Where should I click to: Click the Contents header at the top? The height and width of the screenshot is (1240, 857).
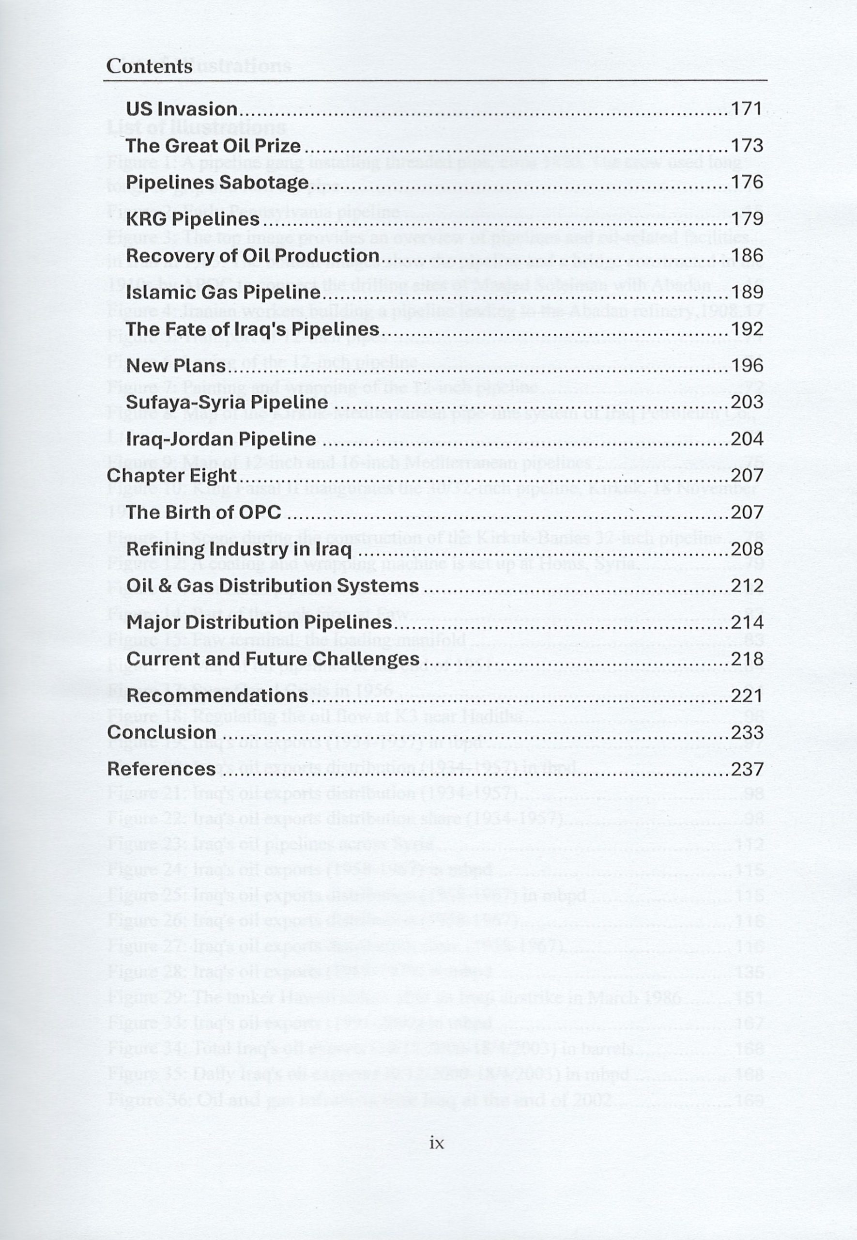tap(149, 66)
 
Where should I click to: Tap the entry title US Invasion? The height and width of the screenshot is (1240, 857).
tap(182, 109)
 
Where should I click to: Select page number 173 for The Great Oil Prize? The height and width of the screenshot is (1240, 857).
tap(747, 145)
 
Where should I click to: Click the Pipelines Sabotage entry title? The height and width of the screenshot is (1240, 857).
tap(217, 183)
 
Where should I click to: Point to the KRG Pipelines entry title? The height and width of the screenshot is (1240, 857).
tap(192, 219)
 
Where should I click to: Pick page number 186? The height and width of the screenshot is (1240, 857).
tap(747, 256)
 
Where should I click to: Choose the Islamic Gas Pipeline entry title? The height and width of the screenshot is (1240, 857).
tap(223, 292)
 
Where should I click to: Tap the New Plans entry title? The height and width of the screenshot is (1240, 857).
tap(176, 366)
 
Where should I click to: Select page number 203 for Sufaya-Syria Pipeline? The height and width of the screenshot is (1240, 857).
tap(747, 402)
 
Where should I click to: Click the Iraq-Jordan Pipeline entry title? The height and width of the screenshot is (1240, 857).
tap(221, 439)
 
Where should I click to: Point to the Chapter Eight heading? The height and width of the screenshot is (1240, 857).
tap(171, 475)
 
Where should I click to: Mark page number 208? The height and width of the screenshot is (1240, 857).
tap(747, 549)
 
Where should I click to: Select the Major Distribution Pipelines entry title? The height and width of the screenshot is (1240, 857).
tap(259, 622)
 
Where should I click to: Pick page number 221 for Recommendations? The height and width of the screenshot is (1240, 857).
tap(747, 696)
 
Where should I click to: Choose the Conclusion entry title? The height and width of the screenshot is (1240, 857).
tap(161, 732)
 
